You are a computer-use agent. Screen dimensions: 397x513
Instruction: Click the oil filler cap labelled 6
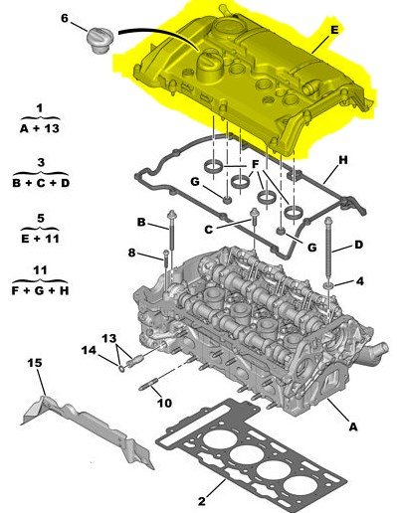100,41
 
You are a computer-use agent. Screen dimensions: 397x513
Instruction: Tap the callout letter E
334,30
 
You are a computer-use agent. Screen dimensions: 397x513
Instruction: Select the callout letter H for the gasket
343,160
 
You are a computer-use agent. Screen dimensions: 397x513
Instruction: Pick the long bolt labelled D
328,249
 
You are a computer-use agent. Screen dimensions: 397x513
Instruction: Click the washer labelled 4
329,285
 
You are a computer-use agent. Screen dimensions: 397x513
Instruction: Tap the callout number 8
132,253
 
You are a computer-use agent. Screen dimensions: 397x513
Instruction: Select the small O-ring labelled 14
122,368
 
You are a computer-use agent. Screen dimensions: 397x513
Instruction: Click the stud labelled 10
150,386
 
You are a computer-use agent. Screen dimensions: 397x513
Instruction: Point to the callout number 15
35,363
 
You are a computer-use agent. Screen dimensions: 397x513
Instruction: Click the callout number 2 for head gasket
202,501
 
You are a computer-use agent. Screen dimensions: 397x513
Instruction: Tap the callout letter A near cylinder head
353,427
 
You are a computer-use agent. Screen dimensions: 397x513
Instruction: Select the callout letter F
255,164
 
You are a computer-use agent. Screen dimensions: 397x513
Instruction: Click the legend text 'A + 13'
40,128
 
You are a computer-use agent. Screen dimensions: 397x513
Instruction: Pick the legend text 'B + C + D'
41,183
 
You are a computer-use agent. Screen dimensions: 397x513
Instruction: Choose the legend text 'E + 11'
40,239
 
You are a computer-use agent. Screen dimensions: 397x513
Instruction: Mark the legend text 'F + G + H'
40,290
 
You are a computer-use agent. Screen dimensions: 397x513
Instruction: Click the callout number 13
109,338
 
